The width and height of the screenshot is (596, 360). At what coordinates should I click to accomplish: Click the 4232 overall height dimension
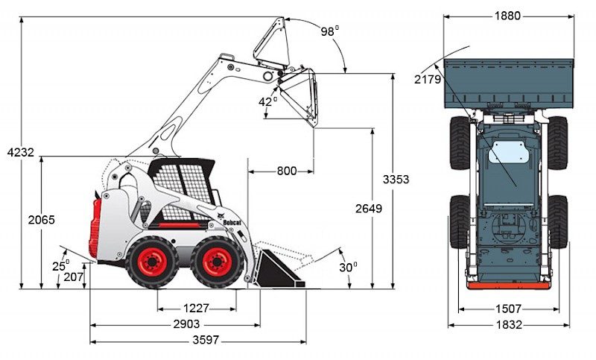[x=21, y=153]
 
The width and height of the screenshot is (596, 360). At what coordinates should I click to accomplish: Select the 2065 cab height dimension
[x=42, y=220]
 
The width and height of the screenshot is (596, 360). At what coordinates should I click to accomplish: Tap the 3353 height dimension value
[x=396, y=179]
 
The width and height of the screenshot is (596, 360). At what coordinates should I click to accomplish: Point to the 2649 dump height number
[x=369, y=208]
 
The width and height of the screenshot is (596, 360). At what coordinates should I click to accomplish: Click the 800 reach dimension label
[x=287, y=171]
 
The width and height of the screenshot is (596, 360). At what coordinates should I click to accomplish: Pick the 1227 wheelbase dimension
[x=196, y=308]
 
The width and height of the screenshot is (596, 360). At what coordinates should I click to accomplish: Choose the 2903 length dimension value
[x=186, y=324]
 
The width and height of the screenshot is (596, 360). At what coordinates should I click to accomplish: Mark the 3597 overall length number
[x=206, y=340]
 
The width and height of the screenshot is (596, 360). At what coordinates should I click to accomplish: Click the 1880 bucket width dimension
[x=507, y=16]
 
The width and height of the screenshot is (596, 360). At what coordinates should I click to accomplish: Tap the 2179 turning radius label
[x=428, y=80]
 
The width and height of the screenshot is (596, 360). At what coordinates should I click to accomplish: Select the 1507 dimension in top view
[x=508, y=309]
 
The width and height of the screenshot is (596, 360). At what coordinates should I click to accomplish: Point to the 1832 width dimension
[x=509, y=325]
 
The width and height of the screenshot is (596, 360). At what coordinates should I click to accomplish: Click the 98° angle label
[x=329, y=31]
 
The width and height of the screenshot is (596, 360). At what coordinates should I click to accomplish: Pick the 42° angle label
[x=267, y=101]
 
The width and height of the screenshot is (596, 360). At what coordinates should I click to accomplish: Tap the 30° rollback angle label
[x=348, y=268]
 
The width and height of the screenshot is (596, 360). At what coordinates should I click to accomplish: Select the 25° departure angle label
[x=61, y=265]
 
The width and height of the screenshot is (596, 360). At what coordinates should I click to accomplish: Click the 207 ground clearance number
[x=73, y=277]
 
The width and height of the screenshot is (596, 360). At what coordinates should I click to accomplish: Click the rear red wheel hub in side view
[x=152, y=262]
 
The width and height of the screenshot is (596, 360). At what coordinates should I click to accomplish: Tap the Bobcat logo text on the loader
[x=232, y=222]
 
